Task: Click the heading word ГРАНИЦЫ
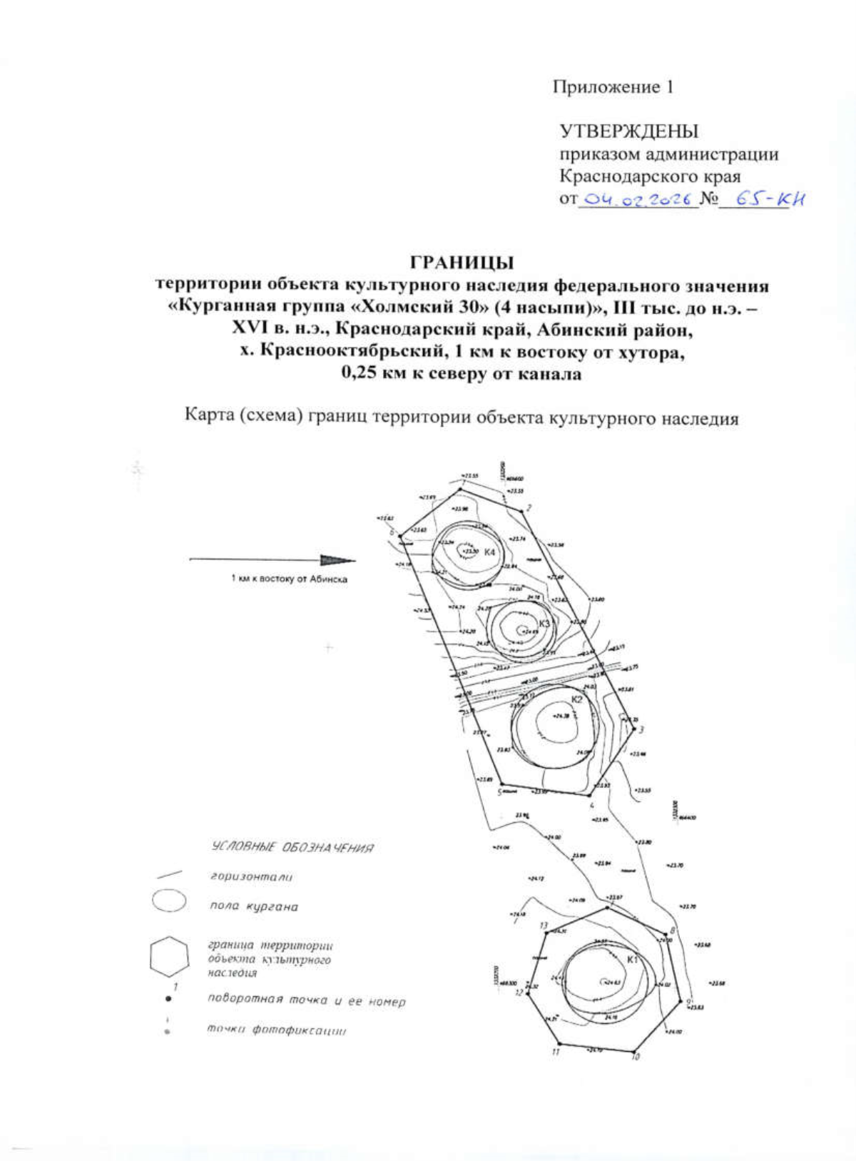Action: [462, 262]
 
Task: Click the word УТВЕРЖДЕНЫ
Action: [628, 131]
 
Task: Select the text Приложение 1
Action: [613, 87]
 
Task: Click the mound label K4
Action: [490, 553]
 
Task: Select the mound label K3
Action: [545, 624]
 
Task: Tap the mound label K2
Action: [577, 699]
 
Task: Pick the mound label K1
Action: [632, 960]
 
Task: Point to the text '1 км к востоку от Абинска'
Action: [289, 579]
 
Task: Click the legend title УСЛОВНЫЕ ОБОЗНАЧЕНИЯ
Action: [292, 848]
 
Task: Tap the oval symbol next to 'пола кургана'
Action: [169, 901]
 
